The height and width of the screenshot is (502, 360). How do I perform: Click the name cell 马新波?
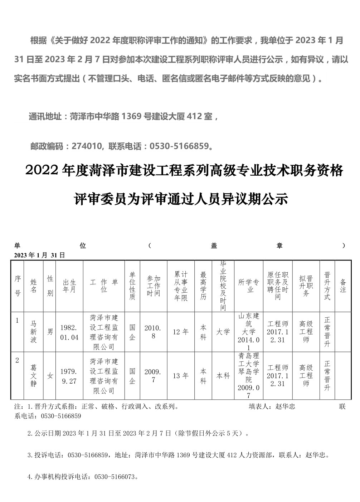33,332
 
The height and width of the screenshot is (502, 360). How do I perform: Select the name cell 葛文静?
33,376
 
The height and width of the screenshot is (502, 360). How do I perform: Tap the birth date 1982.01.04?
69,332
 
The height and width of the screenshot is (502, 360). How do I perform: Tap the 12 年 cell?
181,332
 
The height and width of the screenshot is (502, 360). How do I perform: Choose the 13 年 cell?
181,376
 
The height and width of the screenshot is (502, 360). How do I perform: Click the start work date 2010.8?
153,332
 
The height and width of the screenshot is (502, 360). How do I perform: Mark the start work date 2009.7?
153,376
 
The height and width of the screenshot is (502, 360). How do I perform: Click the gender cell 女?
50,376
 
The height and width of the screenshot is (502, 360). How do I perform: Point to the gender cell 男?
50,332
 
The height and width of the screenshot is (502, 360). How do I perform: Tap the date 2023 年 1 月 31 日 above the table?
40,255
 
